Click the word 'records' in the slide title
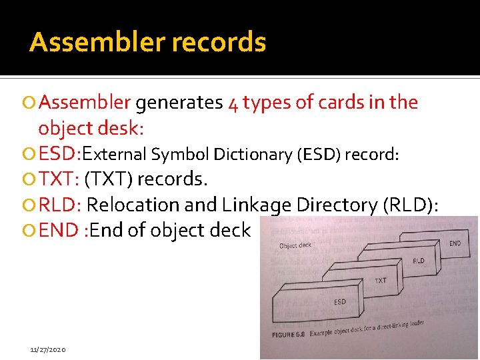219,42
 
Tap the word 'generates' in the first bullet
179,103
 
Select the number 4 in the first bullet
233,103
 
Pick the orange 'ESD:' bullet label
59,154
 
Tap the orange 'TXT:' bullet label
59,179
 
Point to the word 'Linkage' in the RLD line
259,204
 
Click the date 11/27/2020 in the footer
48,349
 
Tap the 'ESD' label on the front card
339,302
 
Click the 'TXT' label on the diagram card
380,281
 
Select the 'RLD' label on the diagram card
419,261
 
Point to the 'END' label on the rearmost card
455,243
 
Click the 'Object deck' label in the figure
295,245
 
